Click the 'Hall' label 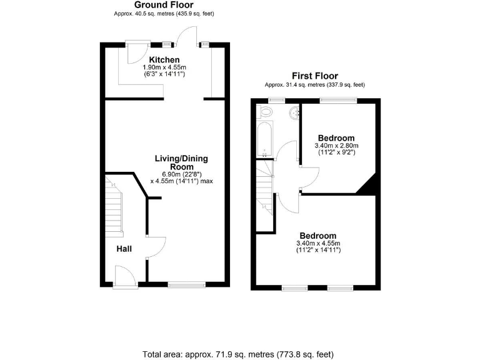[x=124, y=249]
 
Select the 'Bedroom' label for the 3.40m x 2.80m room [x=336, y=138]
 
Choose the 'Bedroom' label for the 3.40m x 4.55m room [x=317, y=236]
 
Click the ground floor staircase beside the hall [x=113, y=206]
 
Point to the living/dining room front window [x=186, y=285]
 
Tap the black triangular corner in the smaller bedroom [x=367, y=185]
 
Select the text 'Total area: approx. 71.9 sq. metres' [x=206, y=354]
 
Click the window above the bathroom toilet [x=274, y=100]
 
